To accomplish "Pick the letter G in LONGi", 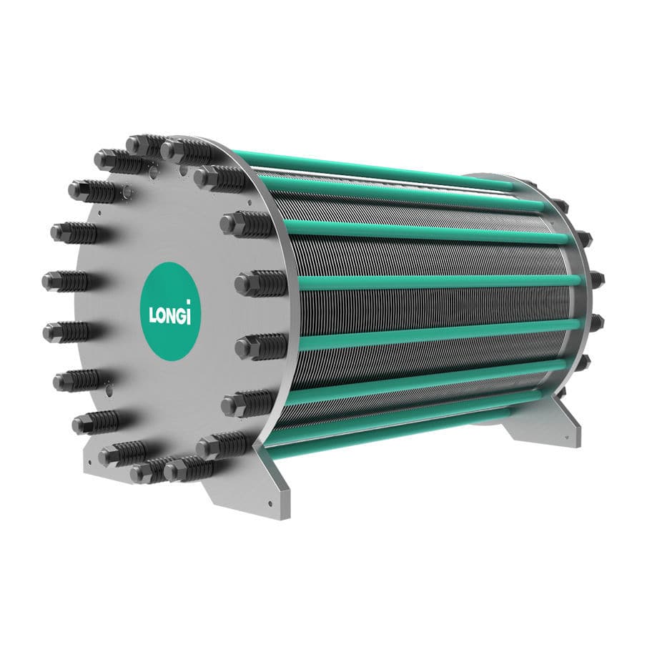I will coord(184,315).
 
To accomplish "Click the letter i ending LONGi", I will coord(192,312).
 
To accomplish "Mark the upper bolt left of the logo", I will coord(66,281).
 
